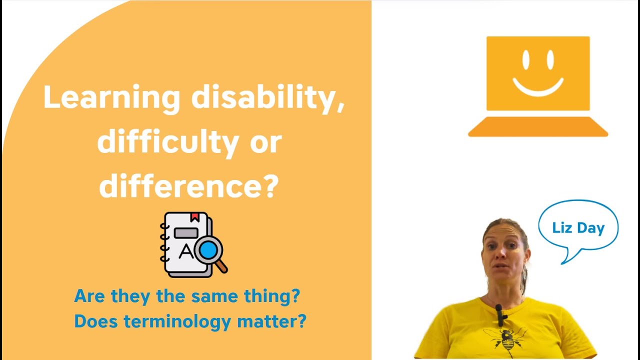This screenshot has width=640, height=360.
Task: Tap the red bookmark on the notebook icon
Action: pyautogui.click(x=194, y=217)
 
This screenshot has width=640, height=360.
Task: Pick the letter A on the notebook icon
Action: pyautogui.click(x=185, y=251)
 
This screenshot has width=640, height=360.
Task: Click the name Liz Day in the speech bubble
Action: pyautogui.click(x=578, y=228)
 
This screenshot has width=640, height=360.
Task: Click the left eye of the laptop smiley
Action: pyautogui.click(x=526, y=59)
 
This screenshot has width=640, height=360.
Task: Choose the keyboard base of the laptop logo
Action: pyautogui.click(x=538, y=127)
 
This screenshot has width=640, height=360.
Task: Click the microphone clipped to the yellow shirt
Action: pyautogui.click(x=499, y=312)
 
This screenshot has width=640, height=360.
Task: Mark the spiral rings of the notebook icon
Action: pyautogui.click(x=163, y=242)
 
